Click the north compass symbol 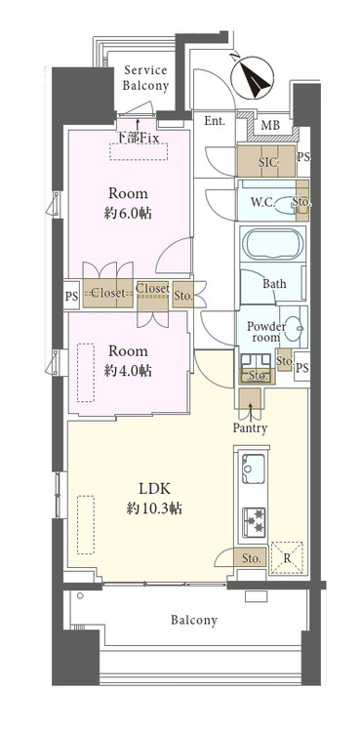click(x=252, y=77)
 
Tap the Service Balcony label click(x=145, y=78)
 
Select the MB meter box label click(x=270, y=125)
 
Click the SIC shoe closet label click(x=268, y=161)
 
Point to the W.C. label click(x=262, y=202)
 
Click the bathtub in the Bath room click(x=273, y=243)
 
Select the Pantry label click(x=251, y=428)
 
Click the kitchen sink click(x=253, y=468)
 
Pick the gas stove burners click(x=254, y=521)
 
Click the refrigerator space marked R click(x=288, y=558)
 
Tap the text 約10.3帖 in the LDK click(x=154, y=508)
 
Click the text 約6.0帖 click(x=128, y=214)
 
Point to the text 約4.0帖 click(x=128, y=371)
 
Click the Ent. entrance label click(x=215, y=121)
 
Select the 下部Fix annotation click(x=138, y=138)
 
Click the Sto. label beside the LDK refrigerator click(x=251, y=558)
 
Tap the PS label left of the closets click(x=72, y=294)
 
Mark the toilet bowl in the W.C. click(x=285, y=204)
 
